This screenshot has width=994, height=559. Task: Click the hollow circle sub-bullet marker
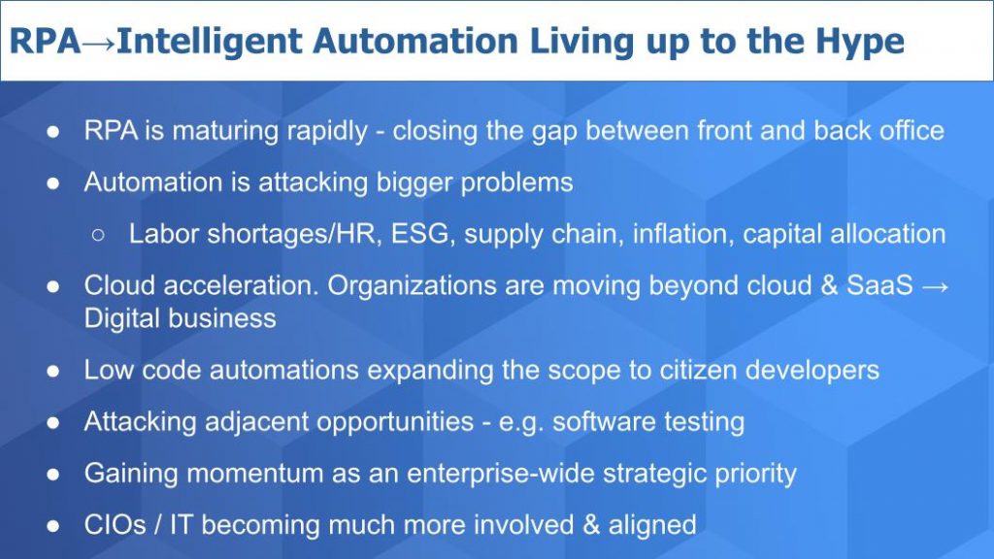pyautogui.click(x=98, y=234)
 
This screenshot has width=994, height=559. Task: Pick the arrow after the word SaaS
pyautogui.click(x=933, y=286)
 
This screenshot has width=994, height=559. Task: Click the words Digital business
pyautogui.click(x=180, y=318)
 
